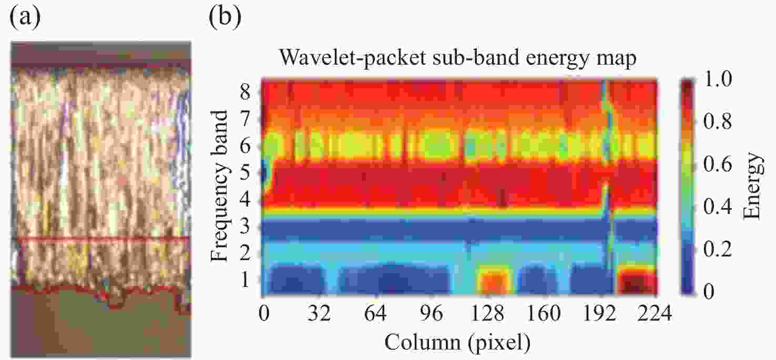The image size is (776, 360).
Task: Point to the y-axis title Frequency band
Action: coord(221,186)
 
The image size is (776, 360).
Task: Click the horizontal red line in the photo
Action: coord(100,238)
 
